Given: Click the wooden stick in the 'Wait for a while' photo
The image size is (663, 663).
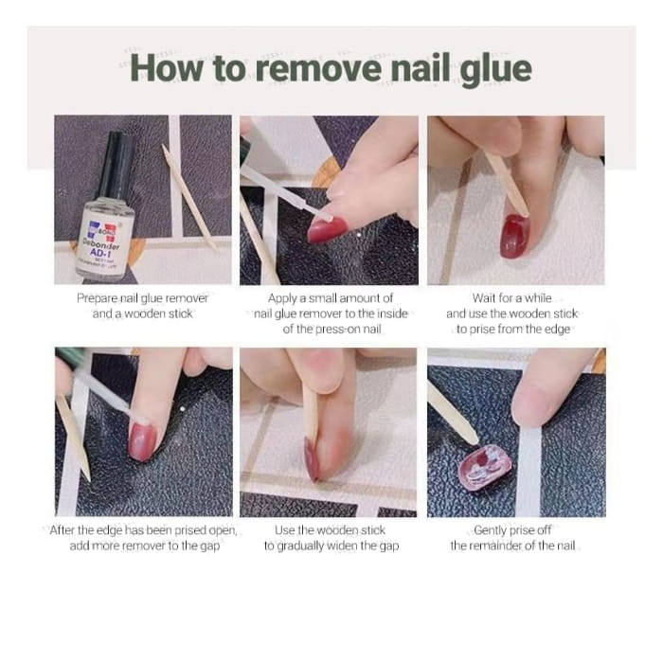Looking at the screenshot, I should coord(509,180).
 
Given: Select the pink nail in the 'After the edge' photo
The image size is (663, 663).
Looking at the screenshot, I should coord(143,441).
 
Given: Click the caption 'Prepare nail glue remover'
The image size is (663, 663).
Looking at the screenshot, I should coord(142,297).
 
